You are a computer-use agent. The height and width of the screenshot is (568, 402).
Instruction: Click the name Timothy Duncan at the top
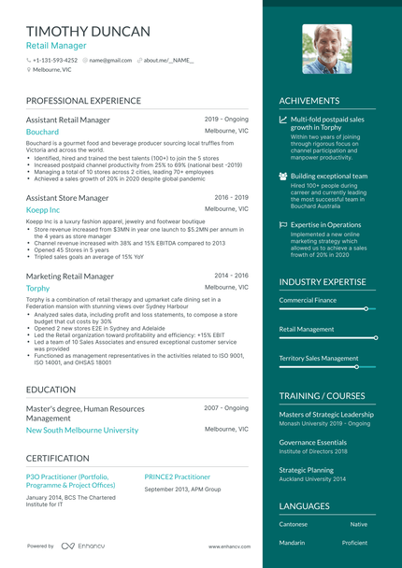[x=88, y=31]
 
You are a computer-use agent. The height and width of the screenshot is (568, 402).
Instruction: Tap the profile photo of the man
[x=326, y=49]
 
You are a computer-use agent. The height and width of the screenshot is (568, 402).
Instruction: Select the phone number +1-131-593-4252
[x=55, y=60]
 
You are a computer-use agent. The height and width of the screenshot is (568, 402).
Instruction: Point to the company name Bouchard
[x=42, y=133]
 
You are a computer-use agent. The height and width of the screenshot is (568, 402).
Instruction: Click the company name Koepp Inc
[x=43, y=211]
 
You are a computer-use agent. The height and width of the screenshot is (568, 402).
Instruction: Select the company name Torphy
[x=38, y=289]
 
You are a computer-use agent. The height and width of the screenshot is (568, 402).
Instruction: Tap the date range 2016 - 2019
[x=231, y=198]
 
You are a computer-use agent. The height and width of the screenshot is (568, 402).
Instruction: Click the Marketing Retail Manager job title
[x=70, y=277]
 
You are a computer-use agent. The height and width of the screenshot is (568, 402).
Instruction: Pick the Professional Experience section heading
[x=83, y=101]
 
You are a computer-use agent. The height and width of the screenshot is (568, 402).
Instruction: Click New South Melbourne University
[x=82, y=431]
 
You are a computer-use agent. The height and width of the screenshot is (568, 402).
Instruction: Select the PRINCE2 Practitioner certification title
[x=178, y=476]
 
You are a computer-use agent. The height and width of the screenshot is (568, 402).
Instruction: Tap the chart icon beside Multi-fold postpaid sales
[x=283, y=120]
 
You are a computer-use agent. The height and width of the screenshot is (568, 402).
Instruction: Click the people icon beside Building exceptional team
[x=283, y=176]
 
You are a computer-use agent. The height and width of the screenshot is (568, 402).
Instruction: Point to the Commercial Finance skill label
[x=308, y=300]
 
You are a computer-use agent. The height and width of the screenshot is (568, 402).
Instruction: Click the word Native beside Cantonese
[x=359, y=524]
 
